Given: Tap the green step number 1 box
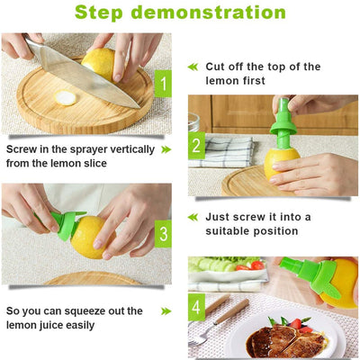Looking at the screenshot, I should [163, 85].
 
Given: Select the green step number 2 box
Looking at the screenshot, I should [196, 146].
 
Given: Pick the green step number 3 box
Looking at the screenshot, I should [163, 235].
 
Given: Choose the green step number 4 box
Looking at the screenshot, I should [196, 308].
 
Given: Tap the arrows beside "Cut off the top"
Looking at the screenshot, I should [192, 67].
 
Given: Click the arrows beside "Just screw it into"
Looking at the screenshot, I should [192, 217].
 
